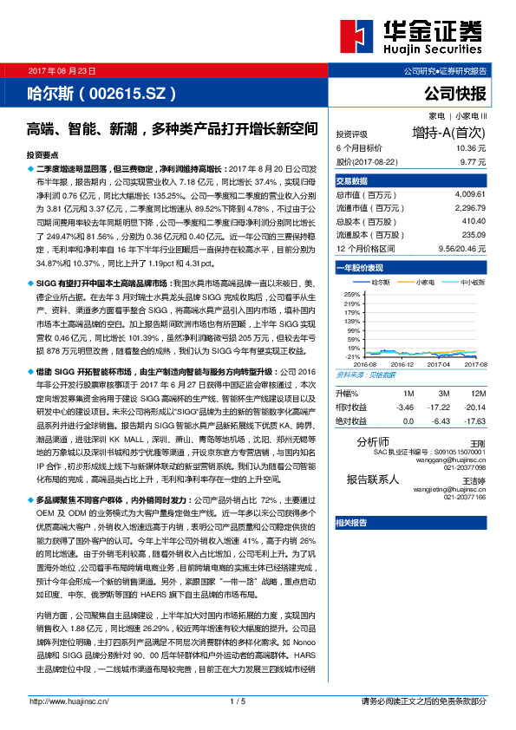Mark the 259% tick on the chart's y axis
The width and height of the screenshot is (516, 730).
pyautogui.click(x=351, y=295)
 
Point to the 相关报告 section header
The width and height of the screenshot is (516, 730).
pyautogui.click(x=351, y=522)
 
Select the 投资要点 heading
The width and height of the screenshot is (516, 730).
pyautogui.click(x=44, y=153)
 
